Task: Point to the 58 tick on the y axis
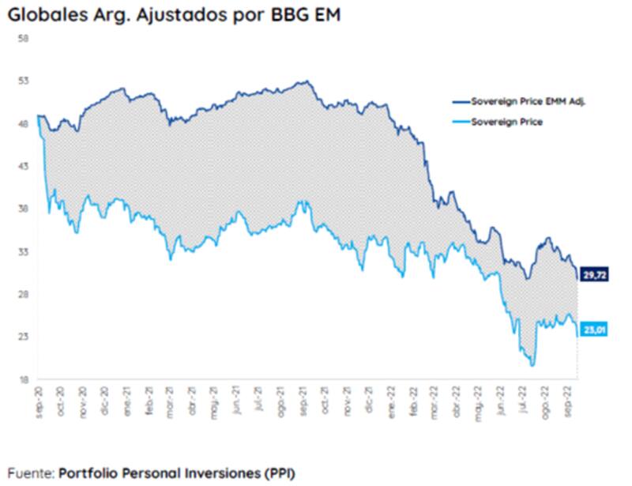tap(23, 38)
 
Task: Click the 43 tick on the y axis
tap(23, 166)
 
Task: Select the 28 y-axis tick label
tap(23, 294)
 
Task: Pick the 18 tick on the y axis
tap(23, 379)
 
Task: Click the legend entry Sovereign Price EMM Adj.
tap(526, 102)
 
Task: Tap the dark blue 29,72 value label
tap(593, 274)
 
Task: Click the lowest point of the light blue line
tap(533, 365)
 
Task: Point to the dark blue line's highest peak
tap(307, 81)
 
